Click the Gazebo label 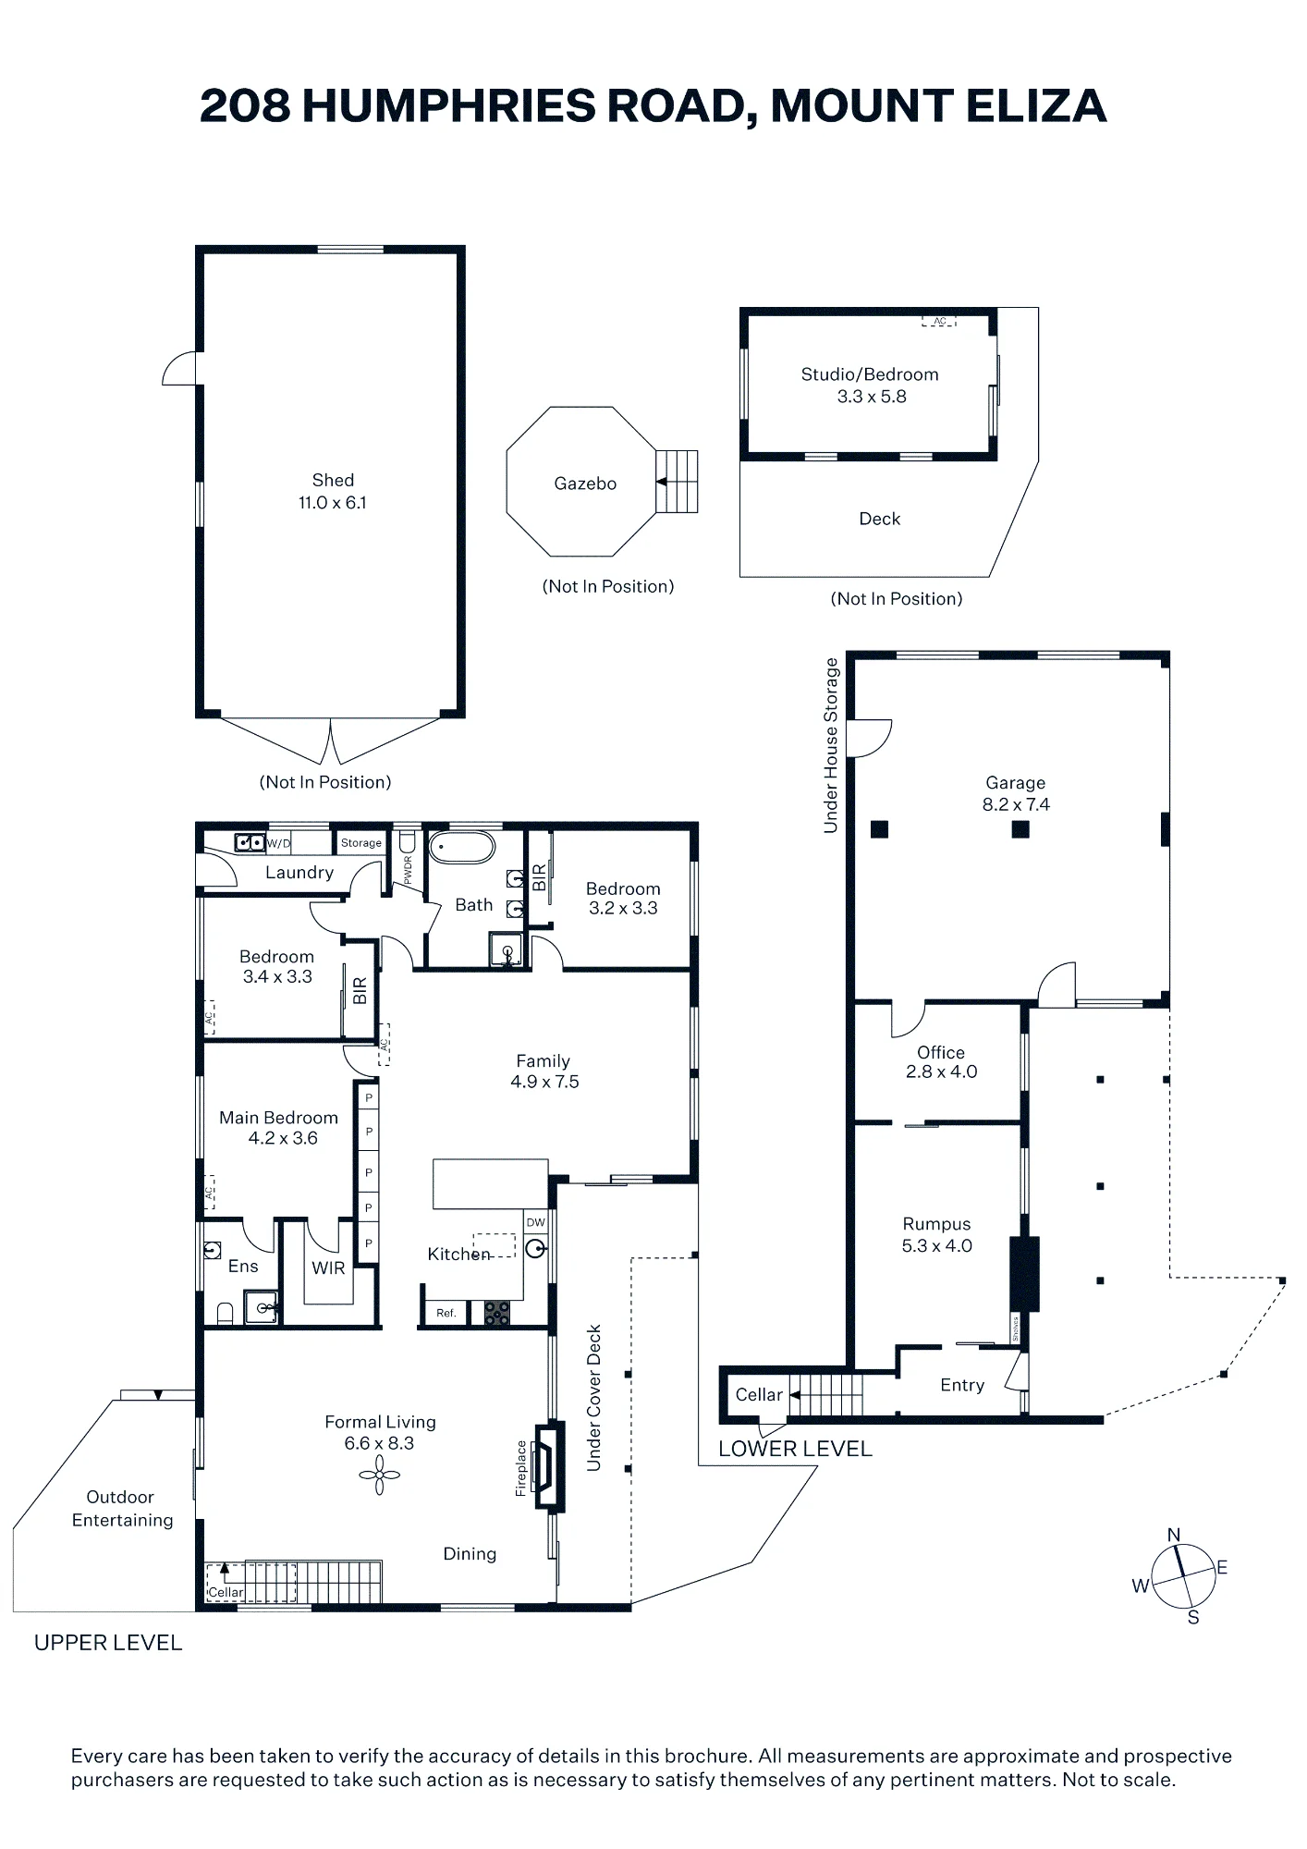585,484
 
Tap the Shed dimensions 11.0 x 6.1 333,503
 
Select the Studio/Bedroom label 870,374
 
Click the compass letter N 1174,1535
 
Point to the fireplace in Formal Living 550,1465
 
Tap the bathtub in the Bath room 462,848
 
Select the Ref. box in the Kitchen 446,1313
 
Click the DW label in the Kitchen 536,1222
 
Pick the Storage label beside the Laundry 361,843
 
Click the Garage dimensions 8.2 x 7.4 1016,804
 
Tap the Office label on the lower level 941,1052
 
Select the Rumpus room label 936,1224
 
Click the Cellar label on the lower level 759,1394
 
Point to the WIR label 328,1268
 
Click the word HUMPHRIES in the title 449,105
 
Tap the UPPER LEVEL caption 108,1643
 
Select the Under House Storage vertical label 831,745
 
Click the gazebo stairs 677,482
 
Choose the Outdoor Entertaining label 122,1508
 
